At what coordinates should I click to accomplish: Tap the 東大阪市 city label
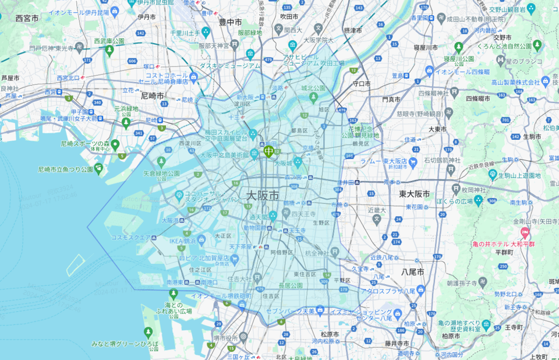[x=415, y=194]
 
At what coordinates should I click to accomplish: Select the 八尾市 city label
[x=412, y=272]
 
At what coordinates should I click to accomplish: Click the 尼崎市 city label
[x=153, y=94]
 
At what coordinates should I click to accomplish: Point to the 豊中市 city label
[x=230, y=22]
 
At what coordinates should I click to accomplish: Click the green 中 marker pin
[x=268, y=151]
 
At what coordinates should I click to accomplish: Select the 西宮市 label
[x=27, y=19]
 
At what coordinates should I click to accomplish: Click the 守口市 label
[x=361, y=84]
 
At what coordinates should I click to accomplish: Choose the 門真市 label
[x=391, y=100]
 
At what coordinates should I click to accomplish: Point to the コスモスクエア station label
[x=130, y=237]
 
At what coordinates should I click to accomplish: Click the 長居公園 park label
[x=291, y=285]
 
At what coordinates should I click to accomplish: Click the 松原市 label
[x=329, y=334]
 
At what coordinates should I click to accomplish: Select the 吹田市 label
[x=289, y=16]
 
